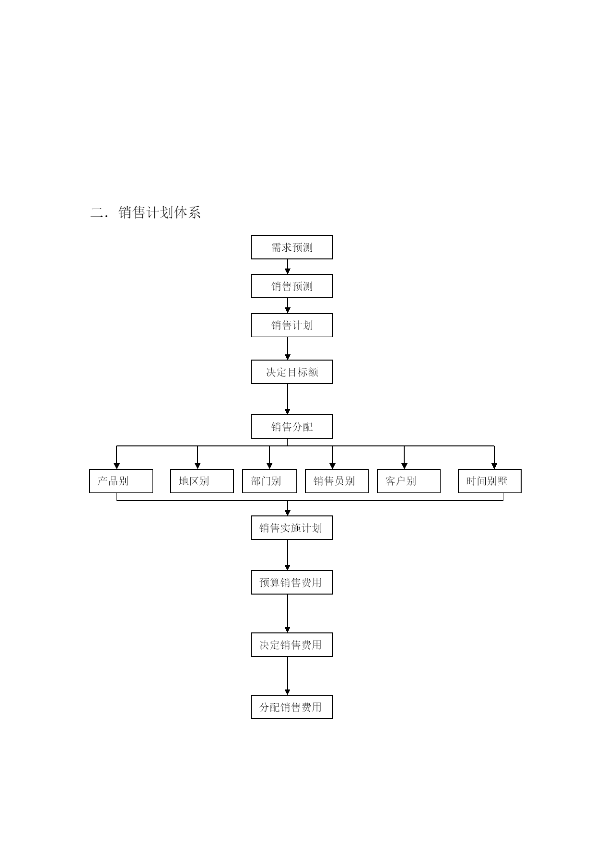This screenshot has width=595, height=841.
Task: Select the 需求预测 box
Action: coord(292,247)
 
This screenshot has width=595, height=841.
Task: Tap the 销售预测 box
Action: coord(292,286)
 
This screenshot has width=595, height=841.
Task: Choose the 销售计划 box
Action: coord(292,325)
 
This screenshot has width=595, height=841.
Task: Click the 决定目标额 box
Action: coord(292,372)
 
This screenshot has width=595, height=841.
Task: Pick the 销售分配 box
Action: coord(292,427)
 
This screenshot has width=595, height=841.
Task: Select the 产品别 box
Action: coord(121,481)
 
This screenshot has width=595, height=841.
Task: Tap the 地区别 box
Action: coord(202,481)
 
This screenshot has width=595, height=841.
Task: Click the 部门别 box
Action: coord(269,481)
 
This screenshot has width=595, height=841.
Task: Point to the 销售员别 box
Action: coord(337,481)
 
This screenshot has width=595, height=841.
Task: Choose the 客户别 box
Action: coord(409,481)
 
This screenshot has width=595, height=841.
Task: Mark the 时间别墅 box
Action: coord(490,481)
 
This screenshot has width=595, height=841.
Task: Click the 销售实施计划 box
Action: coord(292,528)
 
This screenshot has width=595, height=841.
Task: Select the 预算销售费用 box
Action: coord(292,583)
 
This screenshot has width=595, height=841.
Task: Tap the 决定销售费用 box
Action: coord(292,645)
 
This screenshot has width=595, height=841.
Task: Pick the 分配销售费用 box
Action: coord(292,707)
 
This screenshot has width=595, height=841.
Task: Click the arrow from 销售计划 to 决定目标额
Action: coord(288,349)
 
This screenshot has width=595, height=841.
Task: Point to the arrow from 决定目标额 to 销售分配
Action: coord(288,399)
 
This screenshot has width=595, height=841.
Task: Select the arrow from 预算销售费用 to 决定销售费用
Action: coord(288,614)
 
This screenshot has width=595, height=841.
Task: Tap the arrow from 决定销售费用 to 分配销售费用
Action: coord(288,676)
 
